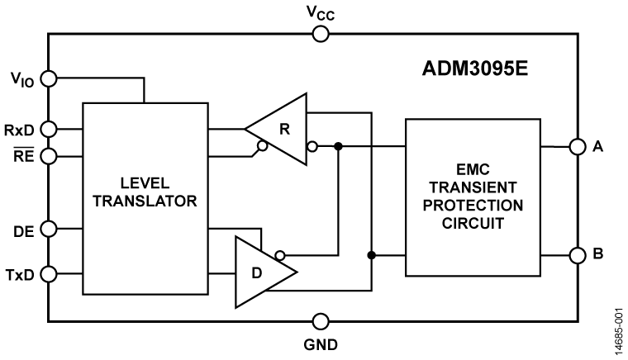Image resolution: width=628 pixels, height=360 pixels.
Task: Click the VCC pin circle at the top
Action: pos(321,34)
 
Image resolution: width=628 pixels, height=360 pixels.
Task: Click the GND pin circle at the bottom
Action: pos(321,321)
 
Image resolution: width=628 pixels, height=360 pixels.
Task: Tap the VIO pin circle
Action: pos(49,79)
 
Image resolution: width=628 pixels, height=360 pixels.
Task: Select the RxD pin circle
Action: pos(49,129)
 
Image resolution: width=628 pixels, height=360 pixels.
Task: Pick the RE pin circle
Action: pos(49,154)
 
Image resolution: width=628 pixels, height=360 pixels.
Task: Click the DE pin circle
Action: pos(49,229)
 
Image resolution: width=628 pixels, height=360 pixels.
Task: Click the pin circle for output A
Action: pos(577,147)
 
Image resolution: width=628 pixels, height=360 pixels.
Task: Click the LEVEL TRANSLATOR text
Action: pos(145,192)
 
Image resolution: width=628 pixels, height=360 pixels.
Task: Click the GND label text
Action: pos(321,343)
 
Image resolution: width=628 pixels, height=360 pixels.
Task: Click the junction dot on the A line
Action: pos(338,147)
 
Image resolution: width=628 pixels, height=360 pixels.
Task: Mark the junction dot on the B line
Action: pos(371,255)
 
